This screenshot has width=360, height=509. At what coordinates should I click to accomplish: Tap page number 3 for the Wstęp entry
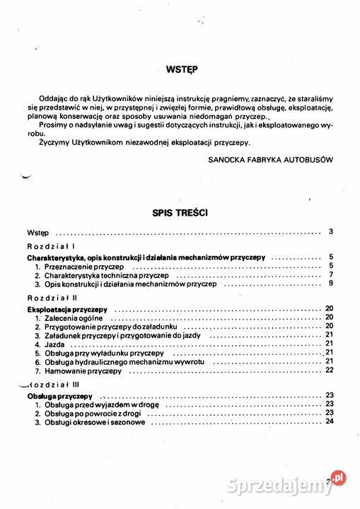pyautogui.click(x=331, y=232)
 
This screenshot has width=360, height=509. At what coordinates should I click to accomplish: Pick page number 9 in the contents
pyautogui.click(x=331, y=283)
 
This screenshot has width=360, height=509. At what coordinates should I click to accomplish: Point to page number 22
pyautogui.click(x=330, y=370)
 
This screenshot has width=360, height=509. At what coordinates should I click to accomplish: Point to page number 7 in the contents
pyautogui.click(x=331, y=275)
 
